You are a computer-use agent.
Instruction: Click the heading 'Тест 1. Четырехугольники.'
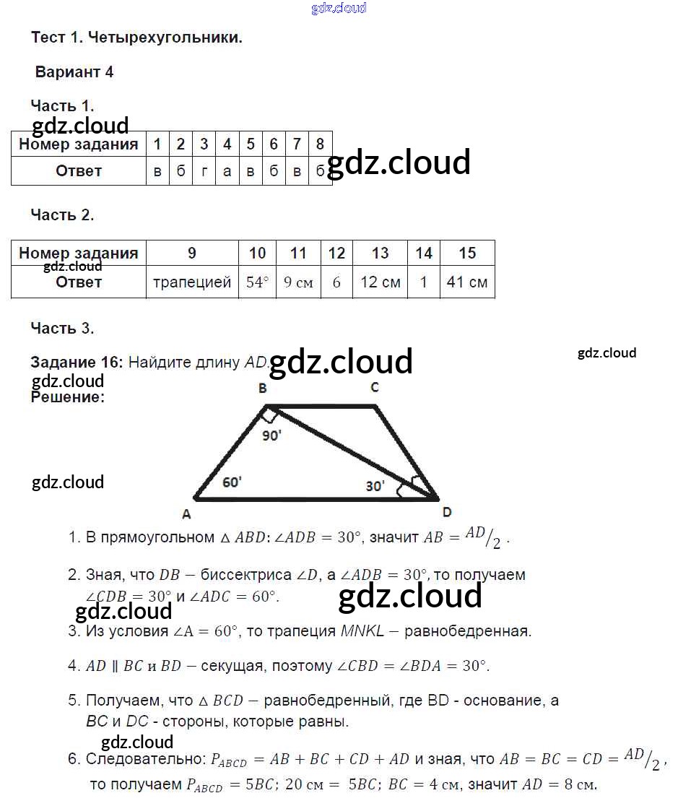(136, 38)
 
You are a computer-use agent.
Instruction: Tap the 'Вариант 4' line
(74, 72)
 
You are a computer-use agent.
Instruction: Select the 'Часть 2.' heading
(63, 214)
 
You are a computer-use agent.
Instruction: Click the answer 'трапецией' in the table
(192, 282)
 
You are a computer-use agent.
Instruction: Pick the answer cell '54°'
(257, 282)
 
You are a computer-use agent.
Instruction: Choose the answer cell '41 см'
(467, 282)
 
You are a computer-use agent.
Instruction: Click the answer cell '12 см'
(380, 282)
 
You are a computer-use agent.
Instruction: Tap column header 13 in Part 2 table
(380, 253)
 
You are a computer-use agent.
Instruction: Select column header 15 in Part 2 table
(467, 253)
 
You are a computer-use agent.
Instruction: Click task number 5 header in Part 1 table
(251, 144)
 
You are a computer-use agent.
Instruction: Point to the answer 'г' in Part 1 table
(204, 171)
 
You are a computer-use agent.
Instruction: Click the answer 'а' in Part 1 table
(227, 171)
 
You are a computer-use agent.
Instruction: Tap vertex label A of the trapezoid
(186, 515)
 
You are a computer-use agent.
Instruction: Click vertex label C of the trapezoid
(375, 388)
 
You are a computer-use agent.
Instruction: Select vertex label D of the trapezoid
(447, 512)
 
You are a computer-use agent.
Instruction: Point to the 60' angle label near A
(232, 482)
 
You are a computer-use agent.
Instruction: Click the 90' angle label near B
(271, 435)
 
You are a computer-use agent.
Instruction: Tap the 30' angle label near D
(375, 486)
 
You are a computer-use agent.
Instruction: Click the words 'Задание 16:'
(77, 363)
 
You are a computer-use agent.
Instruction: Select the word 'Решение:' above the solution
(68, 396)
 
